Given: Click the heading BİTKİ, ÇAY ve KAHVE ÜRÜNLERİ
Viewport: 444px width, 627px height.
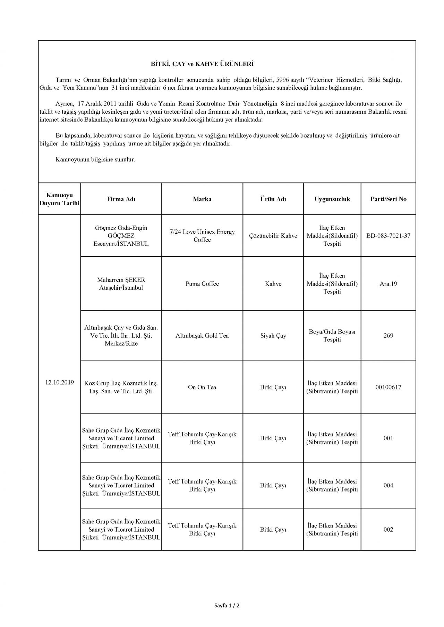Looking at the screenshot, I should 202,64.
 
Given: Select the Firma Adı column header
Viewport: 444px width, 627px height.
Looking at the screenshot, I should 121,199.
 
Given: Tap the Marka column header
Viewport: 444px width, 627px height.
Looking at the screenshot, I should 202,199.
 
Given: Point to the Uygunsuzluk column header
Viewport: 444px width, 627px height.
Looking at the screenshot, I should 332,199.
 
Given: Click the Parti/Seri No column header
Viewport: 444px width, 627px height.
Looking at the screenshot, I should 388,199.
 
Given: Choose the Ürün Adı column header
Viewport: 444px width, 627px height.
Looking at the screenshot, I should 273,199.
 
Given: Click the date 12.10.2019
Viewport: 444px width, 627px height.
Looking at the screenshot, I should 59,383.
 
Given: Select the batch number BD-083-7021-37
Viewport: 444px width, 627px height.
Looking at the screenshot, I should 388,236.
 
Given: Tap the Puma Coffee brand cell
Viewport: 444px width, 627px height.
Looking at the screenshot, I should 202,284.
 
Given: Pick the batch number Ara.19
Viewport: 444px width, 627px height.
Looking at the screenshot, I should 388,284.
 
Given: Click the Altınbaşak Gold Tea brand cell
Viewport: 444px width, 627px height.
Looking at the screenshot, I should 202,336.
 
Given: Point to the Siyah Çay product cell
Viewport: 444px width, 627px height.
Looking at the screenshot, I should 273,336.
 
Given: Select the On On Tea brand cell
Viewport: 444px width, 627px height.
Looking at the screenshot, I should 202,387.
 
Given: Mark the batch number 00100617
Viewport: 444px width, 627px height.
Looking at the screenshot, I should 388,387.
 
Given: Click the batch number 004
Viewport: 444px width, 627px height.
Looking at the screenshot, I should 388,485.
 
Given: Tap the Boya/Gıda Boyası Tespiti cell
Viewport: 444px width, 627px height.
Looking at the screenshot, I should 332,336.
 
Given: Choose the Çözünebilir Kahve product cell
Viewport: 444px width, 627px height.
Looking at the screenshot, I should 273,236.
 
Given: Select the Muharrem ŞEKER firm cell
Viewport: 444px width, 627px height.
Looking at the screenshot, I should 121,284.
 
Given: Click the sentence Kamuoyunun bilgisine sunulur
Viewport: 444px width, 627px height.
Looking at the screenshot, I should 95,160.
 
